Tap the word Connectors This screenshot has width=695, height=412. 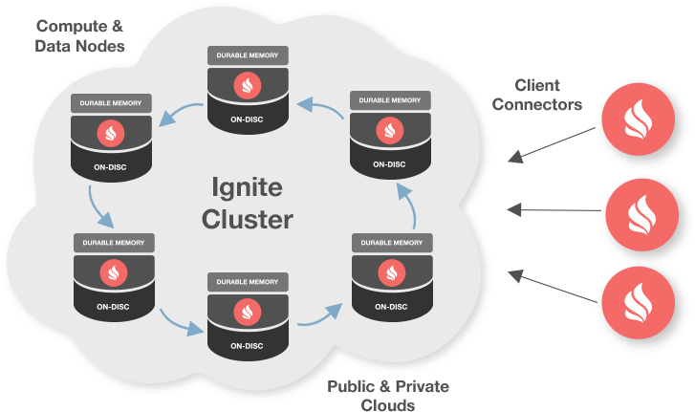(536, 105)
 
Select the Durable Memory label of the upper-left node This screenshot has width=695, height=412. (113, 101)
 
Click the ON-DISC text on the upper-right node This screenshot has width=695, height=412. (389, 163)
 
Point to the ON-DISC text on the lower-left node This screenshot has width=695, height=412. (113, 308)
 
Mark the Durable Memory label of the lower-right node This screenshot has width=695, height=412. (389, 242)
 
